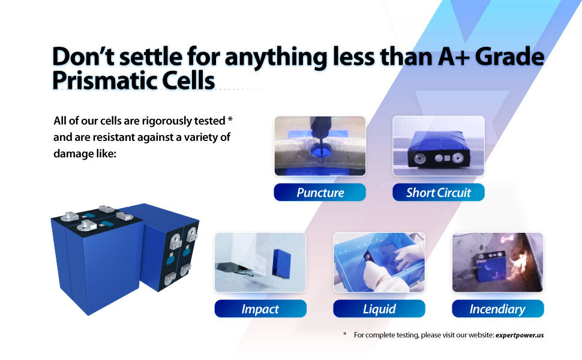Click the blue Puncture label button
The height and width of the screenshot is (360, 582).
(320, 192)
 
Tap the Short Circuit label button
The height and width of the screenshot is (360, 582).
(439, 192)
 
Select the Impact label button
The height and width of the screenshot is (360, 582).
(260, 308)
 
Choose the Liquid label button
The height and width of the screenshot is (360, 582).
(379, 308)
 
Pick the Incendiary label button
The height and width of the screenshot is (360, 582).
(498, 308)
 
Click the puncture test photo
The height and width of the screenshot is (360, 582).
(320, 146)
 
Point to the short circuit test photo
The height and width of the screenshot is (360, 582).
(439, 146)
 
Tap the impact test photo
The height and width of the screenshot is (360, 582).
(260, 262)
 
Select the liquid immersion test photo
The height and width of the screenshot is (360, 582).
(379, 262)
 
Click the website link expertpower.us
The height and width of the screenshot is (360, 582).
(520, 335)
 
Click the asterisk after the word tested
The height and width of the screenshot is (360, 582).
(230, 119)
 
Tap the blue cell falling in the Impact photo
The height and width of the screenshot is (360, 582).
(282, 264)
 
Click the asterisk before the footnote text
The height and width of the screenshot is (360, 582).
(345, 334)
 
